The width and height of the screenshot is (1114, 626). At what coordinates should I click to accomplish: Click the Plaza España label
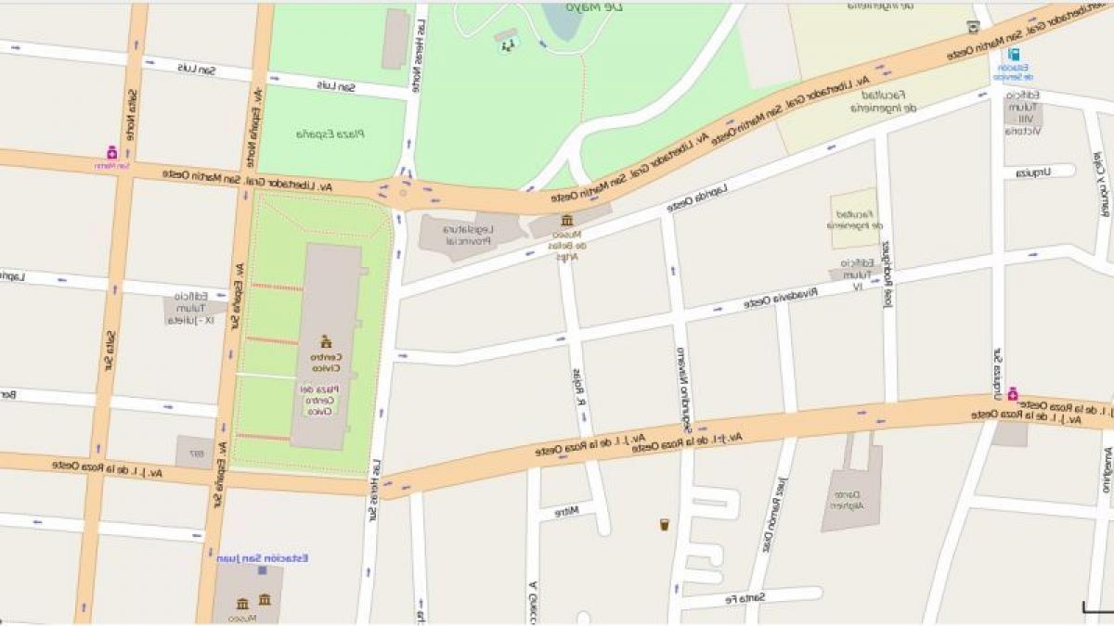[330, 134]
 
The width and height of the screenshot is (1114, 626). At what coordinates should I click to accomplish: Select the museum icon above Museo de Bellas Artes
[566, 220]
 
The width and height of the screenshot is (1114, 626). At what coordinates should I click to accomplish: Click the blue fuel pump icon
[1014, 55]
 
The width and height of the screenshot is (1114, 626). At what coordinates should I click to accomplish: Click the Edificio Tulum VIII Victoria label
[1021, 113]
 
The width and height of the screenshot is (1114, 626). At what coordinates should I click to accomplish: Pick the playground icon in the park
[507, 44]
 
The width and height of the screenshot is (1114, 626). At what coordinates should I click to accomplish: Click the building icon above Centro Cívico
[325, 341]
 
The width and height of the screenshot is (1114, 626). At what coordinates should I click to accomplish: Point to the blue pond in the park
[563, 20]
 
